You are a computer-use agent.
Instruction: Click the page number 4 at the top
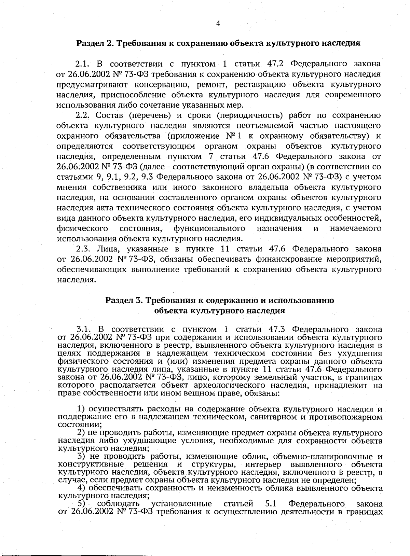click(x=218, y=23)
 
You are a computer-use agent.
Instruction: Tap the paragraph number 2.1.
click(x=82, y=64)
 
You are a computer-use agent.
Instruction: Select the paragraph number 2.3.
click(x=83, y=249)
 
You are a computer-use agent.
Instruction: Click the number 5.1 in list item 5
click(x=273, y=504)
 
